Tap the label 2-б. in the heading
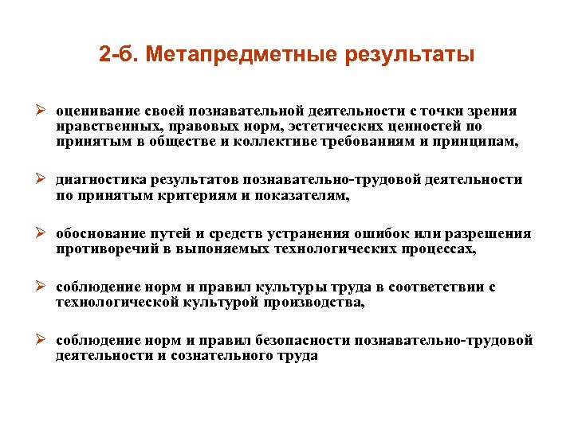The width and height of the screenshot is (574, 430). [x=122, y=56]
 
